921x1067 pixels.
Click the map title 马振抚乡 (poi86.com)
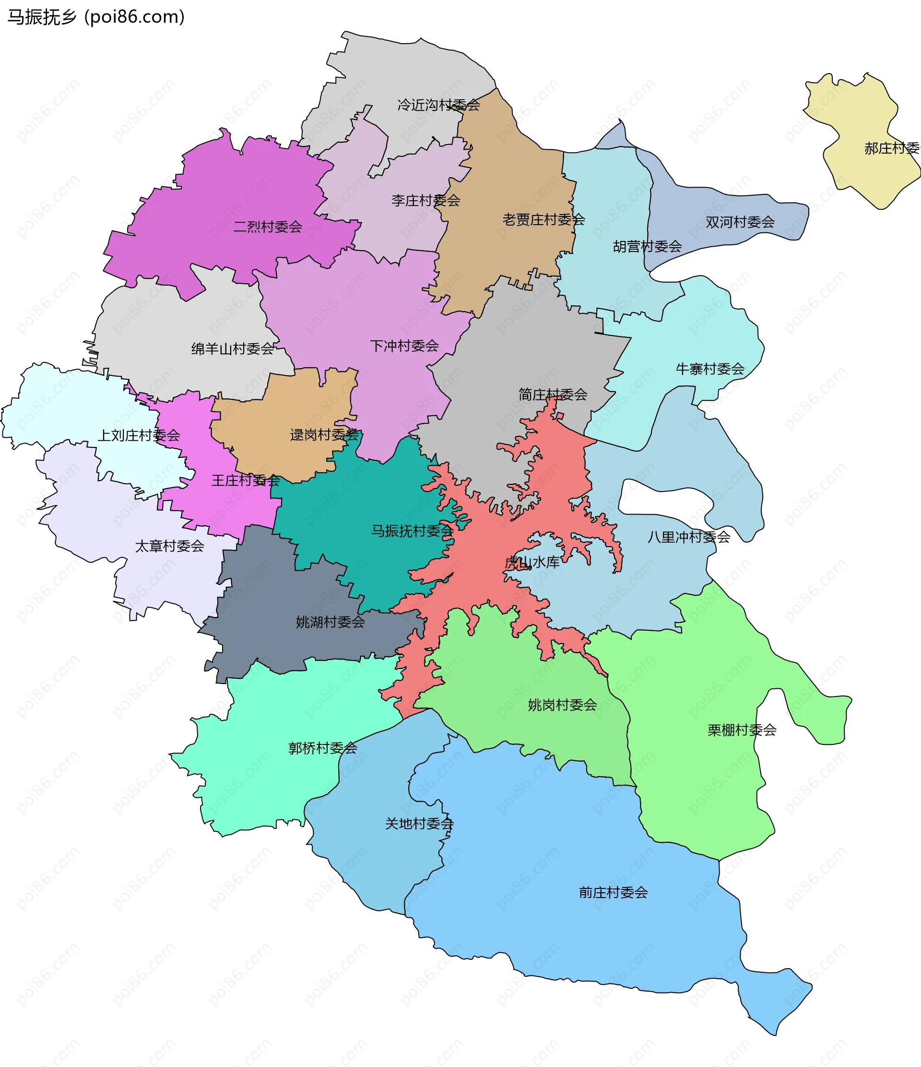(96, 17)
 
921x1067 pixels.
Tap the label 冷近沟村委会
(438, 105)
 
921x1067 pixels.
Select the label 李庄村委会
(425, 200)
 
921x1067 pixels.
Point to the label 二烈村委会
(268, 227)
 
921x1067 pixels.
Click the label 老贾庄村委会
(543, 220)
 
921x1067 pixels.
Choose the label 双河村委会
(740, 222)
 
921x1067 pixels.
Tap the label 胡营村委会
(647, 247)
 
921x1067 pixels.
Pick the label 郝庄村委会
(892, 148)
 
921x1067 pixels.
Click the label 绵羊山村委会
(233, 348)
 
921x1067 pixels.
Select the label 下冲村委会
(404, 346)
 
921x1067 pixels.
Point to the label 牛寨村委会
(710, 369)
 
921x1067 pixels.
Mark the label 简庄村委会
(553, 395)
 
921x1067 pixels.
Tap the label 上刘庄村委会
(139, 435)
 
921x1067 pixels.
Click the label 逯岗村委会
(324, 435)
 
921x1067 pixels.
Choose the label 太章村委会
(170, 546)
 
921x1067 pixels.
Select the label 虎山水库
(532, 563)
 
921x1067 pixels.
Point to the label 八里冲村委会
(688, 537)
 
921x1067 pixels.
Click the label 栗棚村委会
(742, 730)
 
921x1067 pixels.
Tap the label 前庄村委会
(614, 892)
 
